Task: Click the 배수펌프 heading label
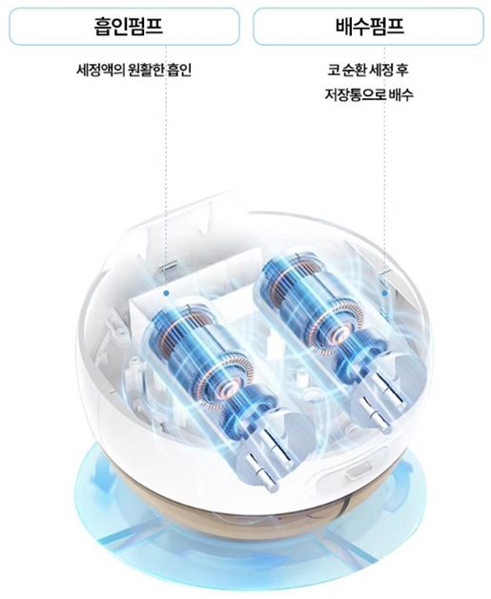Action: [369, 27]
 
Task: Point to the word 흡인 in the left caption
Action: [179, 70]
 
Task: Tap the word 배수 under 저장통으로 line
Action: [400, 94]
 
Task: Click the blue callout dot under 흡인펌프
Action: [166, 294]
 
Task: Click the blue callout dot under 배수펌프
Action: [384, 294]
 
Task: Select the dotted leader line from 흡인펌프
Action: [166, 168]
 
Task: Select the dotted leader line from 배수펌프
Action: [384, 168]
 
